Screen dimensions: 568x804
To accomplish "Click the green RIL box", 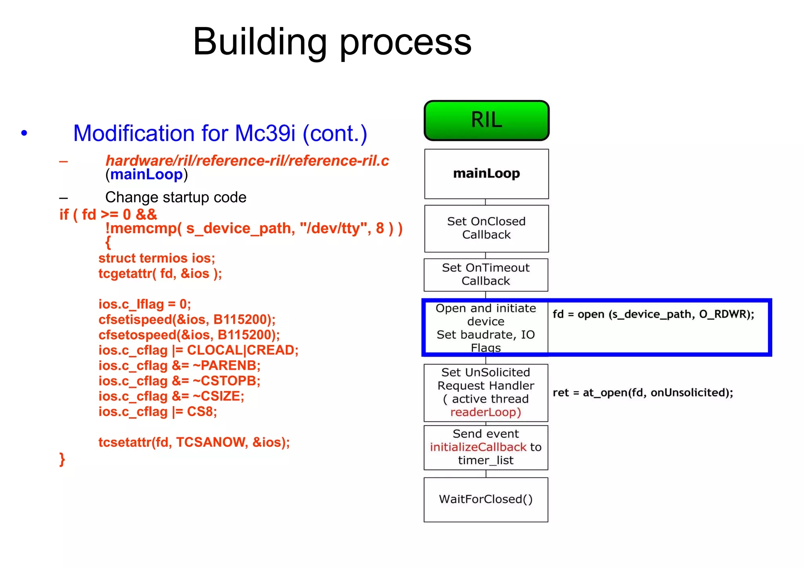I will pyautogui.click(x=486, y=121).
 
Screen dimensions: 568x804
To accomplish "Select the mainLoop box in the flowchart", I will pyautogui.click(x=486, y=174).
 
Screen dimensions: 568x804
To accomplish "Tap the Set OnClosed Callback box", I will pyautogui.click(x=486, y=228).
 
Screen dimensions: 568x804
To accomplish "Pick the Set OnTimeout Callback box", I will pyautogui.click(x=486, y=274).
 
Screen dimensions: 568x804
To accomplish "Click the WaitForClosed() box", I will pyautogui.click(x=486, y=499).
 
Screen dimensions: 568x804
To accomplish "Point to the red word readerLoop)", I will pyautogui.click(x=486, y=412).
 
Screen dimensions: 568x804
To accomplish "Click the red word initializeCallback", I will pyautogui.click(x=478, y=447).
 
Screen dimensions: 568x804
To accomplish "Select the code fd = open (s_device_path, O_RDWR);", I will pyautogui.click(x=653, y=314).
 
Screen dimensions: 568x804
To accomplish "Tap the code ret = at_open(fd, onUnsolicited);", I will pyautogui.click(x=643, y=393).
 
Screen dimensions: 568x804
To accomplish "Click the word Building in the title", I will pyautogui.click(x=259, y=42).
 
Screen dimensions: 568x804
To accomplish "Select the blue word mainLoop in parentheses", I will pyautogui.click(x=146, y=174).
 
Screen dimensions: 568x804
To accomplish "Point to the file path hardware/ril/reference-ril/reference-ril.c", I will pyautogui.click(x=247, y=161).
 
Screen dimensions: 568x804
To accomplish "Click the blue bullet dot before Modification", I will pyautogui.click(x=24, y=133).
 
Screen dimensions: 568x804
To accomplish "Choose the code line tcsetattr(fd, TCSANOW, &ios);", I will pyautogui.click(x=194, y=442).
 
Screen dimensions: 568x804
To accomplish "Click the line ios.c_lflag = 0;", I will pyautogui.click(x=144, y=304).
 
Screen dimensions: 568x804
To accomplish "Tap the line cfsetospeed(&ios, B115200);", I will pyautogui.click(x=189, y=335).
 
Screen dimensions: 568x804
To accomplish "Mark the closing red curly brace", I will pyautogui.click(x=62, y=459).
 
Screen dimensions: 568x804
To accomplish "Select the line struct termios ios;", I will pyautogui.click(x=157, y=258).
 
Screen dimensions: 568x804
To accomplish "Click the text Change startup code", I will pyautogui.click(x=175, y=197).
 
